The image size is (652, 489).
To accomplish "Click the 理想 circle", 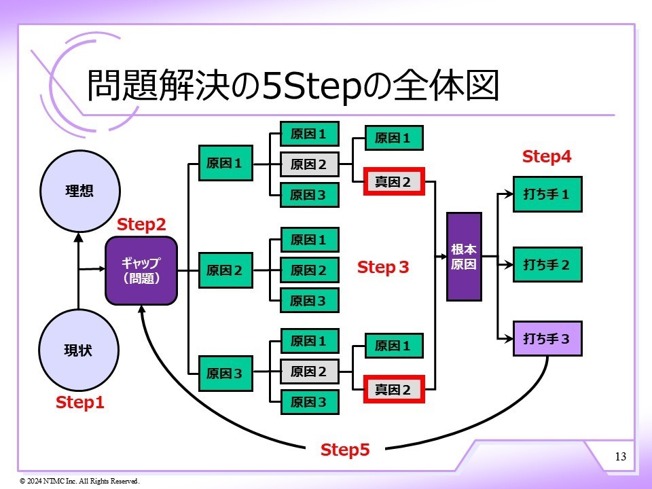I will [x=79, y=191].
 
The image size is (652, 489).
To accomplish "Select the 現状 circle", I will [x=79, y=350].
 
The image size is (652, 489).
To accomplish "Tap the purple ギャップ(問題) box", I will [x=141, y=270].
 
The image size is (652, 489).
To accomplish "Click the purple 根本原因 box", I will [x=463, y=257].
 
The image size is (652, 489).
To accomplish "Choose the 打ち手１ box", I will [x=547, y=194].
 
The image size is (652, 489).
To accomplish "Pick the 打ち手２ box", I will [x=547, y=264].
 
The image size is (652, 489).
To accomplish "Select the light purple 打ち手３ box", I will [x=547, y=338].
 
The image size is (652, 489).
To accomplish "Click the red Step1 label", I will [x=80, y=403].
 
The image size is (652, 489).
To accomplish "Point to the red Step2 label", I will [x=141, y=224].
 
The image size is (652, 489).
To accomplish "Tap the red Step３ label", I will [x=384, y=268].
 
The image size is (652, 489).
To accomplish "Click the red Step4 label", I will [x=547, y=157].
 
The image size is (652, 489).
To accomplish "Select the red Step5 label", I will [x=345, y=450].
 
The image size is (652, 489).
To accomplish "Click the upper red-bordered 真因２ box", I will [x=393, y=181].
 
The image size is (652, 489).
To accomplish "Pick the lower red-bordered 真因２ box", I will [x=393, y=389].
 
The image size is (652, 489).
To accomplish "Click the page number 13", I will [x=620, y=456].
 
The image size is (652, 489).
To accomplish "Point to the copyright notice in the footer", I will [x=79, y=481].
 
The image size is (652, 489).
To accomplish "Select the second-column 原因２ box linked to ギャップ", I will [x=224, y=270].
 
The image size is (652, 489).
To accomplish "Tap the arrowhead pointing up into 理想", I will [x=79, y=238].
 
